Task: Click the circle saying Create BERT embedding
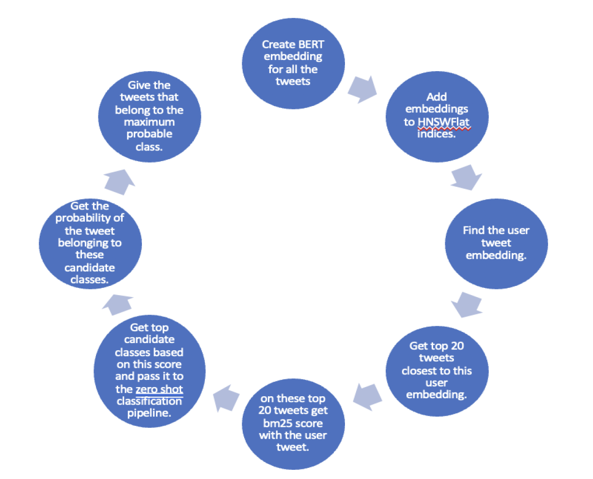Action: (x=293, y=63)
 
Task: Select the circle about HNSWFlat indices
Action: (x=437, y=117)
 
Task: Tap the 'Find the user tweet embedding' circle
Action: (x=496, y=243)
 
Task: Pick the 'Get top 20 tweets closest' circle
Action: (x=437, y=370)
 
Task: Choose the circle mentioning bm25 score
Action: (x=293, y=423)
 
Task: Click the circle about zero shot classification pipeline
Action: (x=149, y=370)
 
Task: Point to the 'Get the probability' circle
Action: (x=90, y=243)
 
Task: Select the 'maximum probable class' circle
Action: (x=149, y=117)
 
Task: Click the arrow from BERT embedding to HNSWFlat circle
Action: (x=362, y=89)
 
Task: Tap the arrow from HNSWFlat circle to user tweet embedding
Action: (x=466, y=177)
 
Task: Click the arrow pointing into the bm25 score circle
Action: (x=367, y=397)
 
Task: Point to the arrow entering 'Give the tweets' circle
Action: (x=119, y=181)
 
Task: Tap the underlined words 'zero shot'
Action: (x=159, y=389)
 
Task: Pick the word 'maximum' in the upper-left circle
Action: (x=149, y=122)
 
